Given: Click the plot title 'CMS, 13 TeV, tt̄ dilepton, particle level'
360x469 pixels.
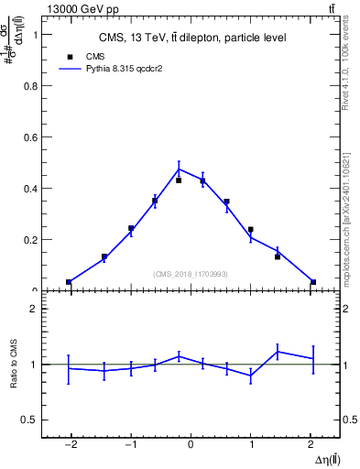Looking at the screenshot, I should point(192,38).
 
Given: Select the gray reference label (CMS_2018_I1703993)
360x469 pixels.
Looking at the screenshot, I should point(191,274).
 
